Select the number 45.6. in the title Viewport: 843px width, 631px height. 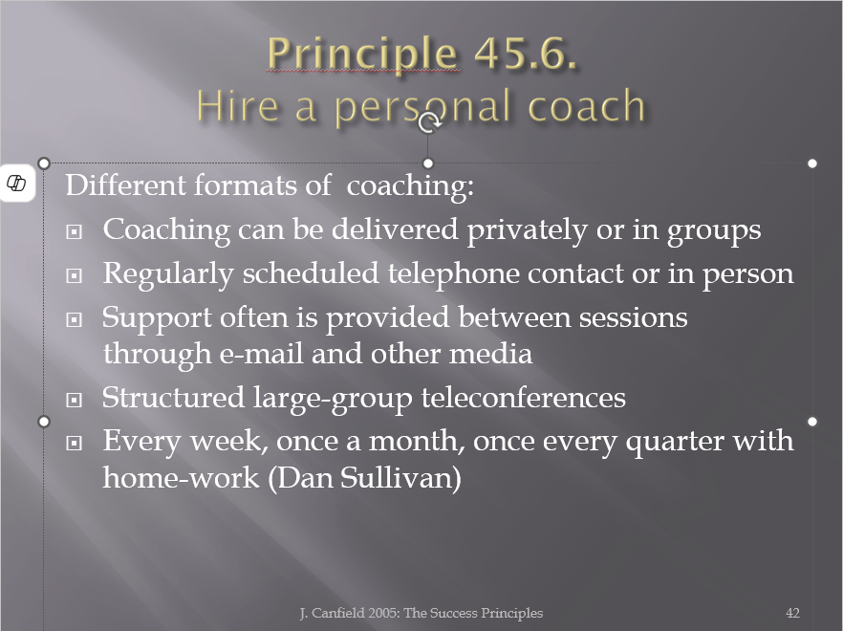tap(526, 54)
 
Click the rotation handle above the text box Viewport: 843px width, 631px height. tap(428, 123)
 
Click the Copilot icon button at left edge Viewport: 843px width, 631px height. tap(16, 183)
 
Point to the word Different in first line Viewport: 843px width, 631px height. tap(125, 185)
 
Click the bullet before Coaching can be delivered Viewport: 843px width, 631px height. tap(75, 232)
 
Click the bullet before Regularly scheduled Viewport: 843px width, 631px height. tap(75, 276)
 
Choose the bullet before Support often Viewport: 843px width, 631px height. tap(75, 320)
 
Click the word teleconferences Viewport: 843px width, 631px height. tap(524, 398)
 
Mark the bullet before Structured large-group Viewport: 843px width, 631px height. tap(75, 401)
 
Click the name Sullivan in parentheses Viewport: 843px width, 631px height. tap(400, 478)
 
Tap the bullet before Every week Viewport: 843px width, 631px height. tap(75, 444)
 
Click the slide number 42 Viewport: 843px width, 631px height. tap(792, 613)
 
